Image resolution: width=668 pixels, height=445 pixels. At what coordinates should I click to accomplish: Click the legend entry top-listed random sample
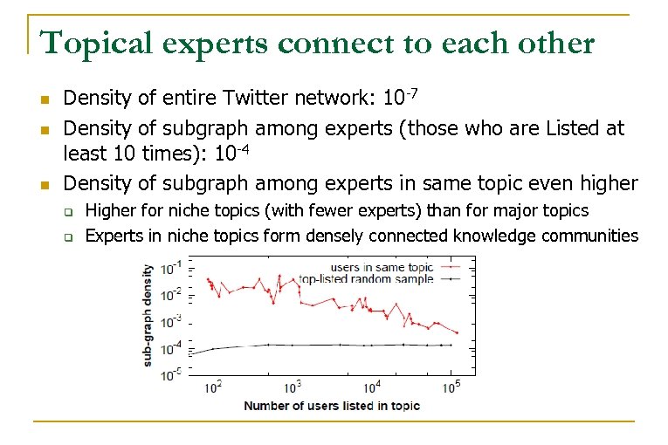click(x=366, y=279)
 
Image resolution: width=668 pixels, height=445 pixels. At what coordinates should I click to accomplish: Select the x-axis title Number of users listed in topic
click(x=332, y=405)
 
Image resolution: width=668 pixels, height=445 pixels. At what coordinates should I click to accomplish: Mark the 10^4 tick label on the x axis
click(x=371, y=386)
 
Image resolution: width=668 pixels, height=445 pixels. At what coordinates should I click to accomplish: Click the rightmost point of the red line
click(x=458, y=332)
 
